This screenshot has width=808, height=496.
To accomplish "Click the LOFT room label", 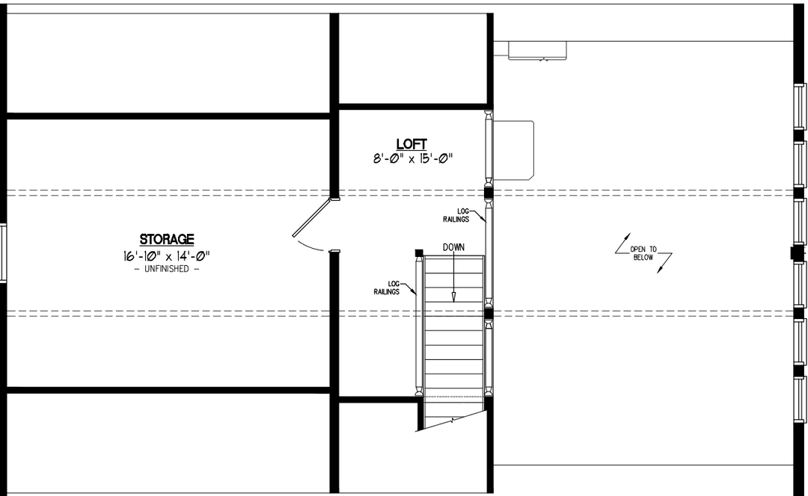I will click(411, 143).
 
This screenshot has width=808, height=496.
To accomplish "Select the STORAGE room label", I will click(167, 239).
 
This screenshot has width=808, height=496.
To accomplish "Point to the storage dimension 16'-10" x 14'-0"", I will click(167, 255).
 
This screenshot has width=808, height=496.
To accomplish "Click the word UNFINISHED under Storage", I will click(167, 269).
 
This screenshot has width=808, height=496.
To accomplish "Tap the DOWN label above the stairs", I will click(453, 247).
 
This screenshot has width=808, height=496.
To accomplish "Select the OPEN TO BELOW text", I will click(643, 252).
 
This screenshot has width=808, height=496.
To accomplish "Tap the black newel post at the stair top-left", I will click(419, 252).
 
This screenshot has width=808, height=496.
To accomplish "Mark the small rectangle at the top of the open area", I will click(537, 49).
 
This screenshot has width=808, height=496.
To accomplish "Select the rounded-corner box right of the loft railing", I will click(512, 150).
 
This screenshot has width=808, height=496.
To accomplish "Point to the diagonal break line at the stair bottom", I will click(453, 420).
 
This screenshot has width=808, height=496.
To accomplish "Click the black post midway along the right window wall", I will click(797, 253).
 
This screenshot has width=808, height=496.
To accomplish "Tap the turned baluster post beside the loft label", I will click(489, 149).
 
